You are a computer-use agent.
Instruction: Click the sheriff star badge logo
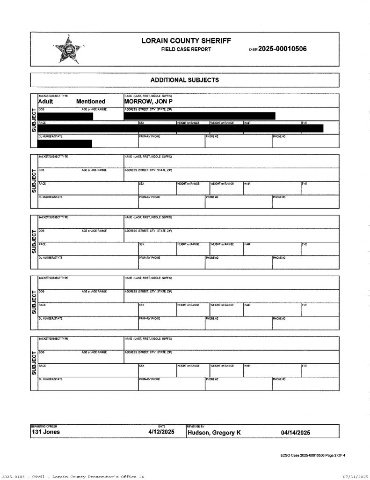click(x=68, y=48)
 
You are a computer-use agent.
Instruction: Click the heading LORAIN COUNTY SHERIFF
click(x=186, y=41)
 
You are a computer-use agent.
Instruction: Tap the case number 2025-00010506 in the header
click(x=283, y=49)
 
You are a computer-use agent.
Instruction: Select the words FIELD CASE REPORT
click(x=186, y=49)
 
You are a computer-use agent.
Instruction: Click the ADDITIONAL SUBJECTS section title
click(x=184, y=80)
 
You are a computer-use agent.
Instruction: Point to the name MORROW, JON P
click(x=149, y=101)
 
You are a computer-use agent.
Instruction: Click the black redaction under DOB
click(x=65, y=116)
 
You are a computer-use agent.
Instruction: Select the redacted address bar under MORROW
click(x=200, y=115)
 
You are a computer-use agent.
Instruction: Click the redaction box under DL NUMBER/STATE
click(x=65, y=143)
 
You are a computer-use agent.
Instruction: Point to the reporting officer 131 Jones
click(x=45, y=432)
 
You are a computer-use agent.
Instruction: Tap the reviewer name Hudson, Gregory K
click(x=214, y=433)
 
